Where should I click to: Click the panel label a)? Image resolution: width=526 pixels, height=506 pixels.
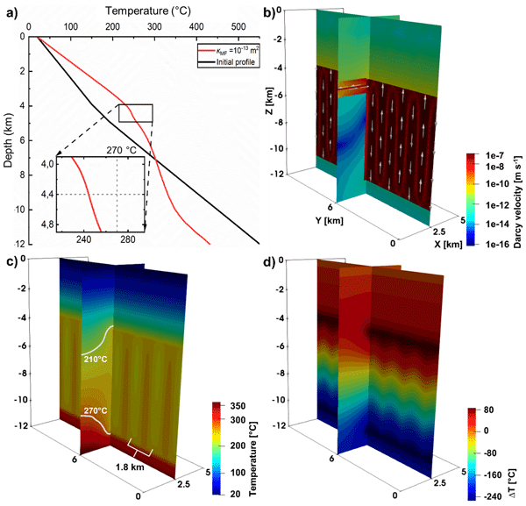11,11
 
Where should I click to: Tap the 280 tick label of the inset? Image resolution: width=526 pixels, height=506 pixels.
127,238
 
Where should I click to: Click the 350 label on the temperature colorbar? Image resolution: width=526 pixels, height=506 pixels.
241,409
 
